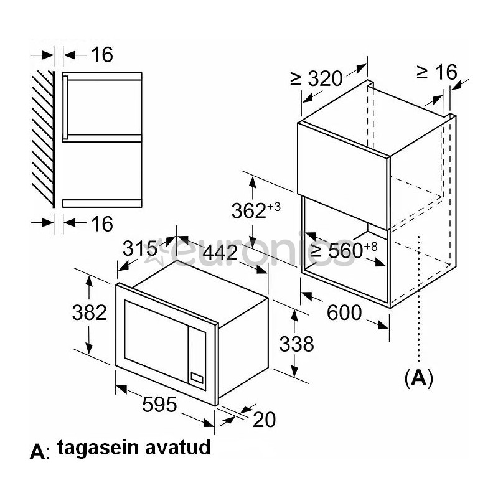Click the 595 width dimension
(160, 405)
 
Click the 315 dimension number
(139, 248)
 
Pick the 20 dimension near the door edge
(264, 420)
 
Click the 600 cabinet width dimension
(344, 312)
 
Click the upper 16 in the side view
(101, 55)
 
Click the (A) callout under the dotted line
(418, 377)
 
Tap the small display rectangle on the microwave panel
(197, 378)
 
